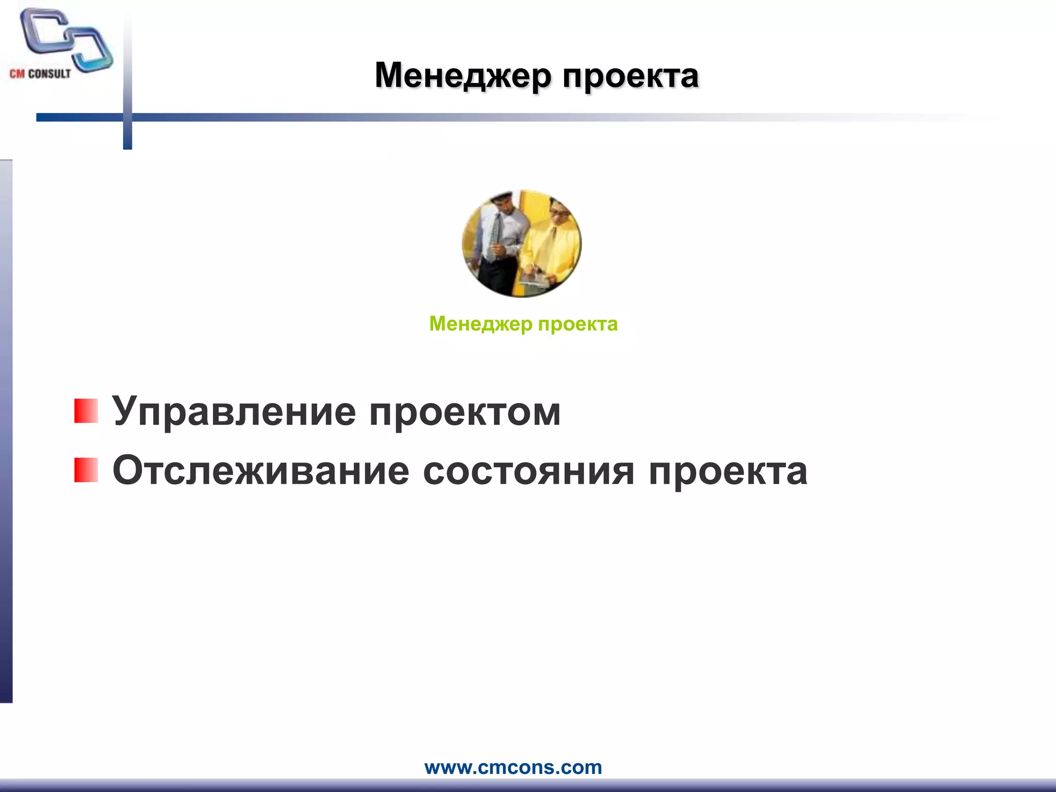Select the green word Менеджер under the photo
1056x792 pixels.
coord(480,324)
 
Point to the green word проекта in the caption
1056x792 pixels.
coord(577,324)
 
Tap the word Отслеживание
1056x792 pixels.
coord(261,470)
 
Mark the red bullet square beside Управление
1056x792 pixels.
coord(86,411)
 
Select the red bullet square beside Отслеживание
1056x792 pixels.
coord(86,470)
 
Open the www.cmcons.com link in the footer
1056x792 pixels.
coord(513,767)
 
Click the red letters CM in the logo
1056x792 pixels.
coord(17,74)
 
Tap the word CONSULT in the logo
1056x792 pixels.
coord(49,74)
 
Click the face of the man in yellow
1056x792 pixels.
coord(557,211)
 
